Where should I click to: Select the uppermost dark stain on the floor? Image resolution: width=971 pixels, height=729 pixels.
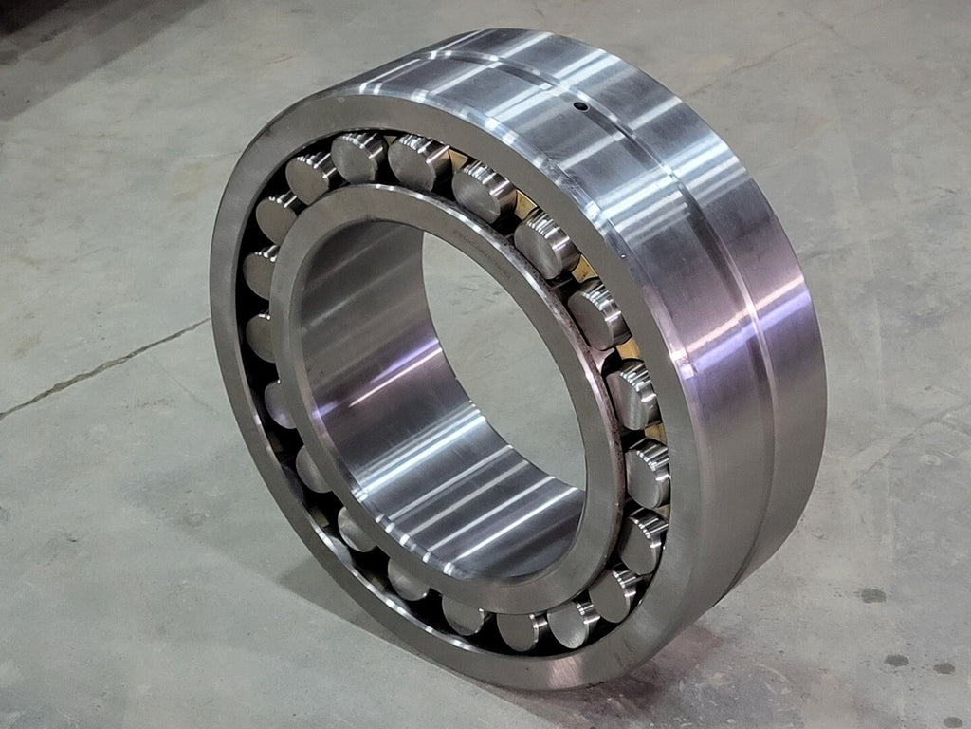click(872, 595)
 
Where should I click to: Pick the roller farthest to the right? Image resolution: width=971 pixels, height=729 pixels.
click(649, 472)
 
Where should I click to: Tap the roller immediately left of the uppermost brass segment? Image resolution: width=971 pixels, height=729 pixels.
click(417, 158)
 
